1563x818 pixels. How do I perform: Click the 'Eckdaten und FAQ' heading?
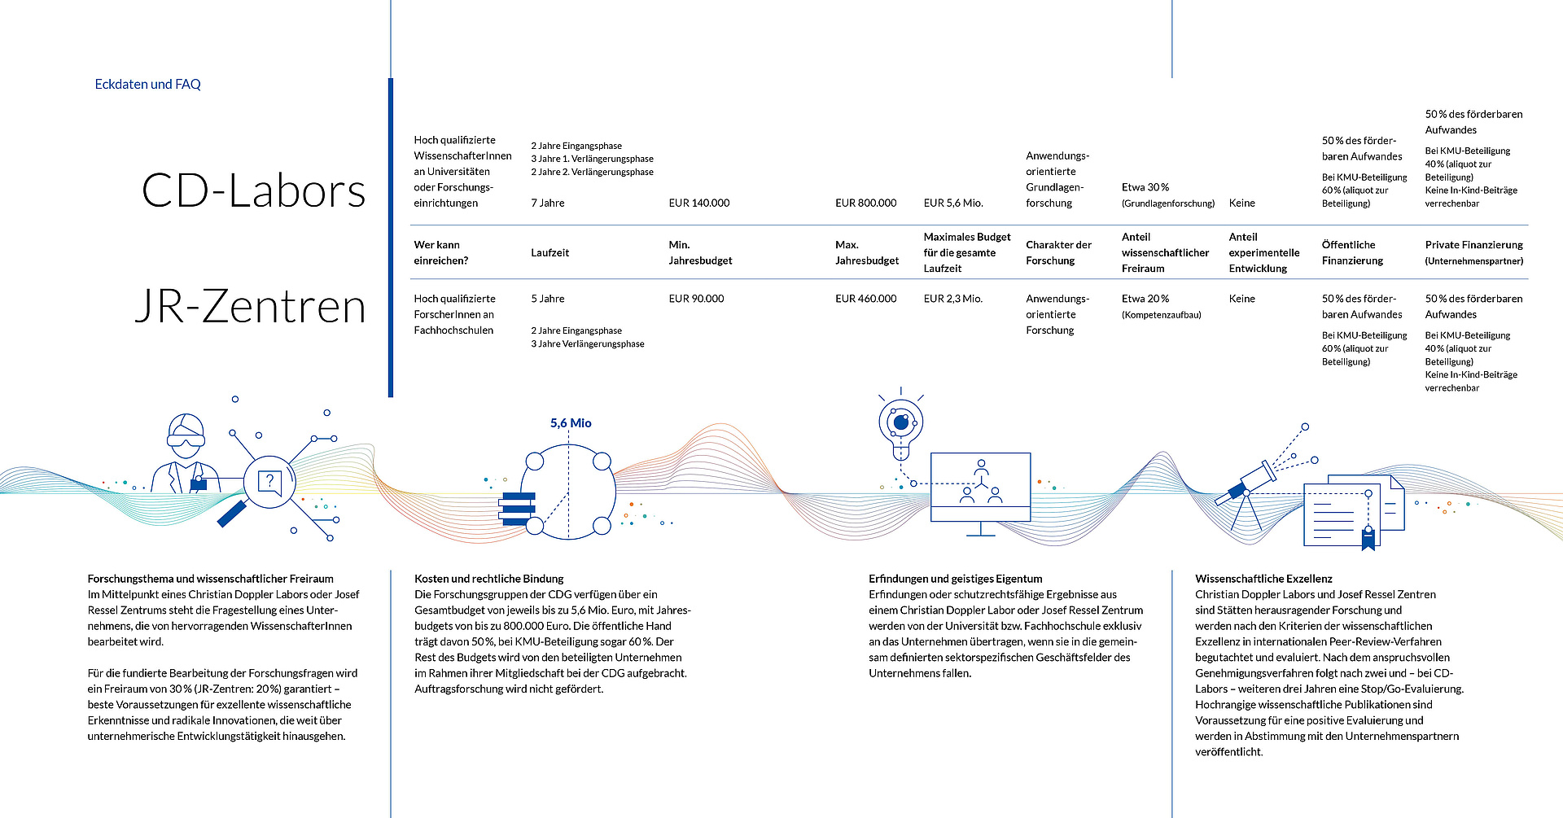tap(147, 84)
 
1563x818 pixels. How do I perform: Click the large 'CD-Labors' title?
tap(253, 190)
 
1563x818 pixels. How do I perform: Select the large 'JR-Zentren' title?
tap(250, 306)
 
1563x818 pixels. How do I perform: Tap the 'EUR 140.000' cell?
tap(699, 203)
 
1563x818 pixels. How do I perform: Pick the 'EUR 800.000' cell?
tap(865, 203)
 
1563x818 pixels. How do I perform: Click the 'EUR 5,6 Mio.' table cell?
tap(953, 203)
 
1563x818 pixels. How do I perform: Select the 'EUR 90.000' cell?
tap(696, 299)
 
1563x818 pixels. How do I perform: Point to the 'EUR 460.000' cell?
tap(865, 299)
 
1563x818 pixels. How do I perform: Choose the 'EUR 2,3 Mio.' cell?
tap(953, 299)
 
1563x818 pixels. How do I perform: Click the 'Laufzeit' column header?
tap(550, 252)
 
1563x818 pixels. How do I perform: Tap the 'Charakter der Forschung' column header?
tap(1058, 252)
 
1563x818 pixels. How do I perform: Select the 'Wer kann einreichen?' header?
tap(440, 252)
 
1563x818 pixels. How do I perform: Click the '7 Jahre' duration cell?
tap(548, 203)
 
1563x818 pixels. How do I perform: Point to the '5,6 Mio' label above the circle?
tap(571, 423)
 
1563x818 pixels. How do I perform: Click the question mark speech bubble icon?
tap(269, 483)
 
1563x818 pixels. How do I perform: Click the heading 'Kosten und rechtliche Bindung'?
tap(488, 579)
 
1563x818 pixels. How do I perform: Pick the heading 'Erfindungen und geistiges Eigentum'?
tap(955, 579)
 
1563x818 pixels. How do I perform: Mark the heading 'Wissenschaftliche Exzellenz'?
tap(1263, 579)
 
